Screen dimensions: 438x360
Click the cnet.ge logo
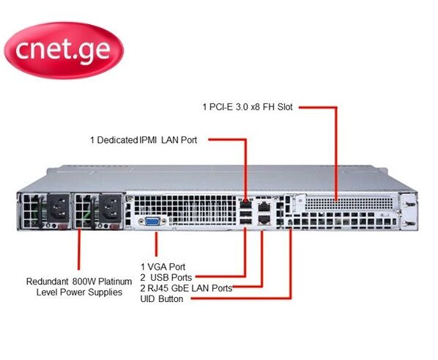tap(64, 51)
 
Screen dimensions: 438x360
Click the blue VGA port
tap(152, 221)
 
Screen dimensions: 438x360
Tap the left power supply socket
tap(58, 208)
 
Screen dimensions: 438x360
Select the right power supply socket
tap(111, 208)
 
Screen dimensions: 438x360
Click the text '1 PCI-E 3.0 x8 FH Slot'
tap(248, 107)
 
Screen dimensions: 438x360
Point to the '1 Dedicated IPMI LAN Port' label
tap(144, 140)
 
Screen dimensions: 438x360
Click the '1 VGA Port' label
tap(163, 267)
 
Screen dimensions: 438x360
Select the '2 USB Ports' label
tap(166, 277)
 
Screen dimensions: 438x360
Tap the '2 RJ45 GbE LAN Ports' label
tap(186, 288)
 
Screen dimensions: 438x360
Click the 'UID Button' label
tap(162, 298)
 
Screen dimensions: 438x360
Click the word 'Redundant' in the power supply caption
tap(47, 282)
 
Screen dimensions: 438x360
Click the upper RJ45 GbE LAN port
tap(264, 207)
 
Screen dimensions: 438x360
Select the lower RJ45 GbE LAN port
tap(264, 219)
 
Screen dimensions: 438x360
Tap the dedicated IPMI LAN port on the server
tap(245, 205)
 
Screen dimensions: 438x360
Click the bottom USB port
tap(245, 221)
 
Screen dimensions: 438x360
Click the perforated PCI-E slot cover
tap(349, 204)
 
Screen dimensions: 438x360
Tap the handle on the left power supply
tap(41, 211)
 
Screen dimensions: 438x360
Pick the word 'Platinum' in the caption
tap(115, 282)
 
